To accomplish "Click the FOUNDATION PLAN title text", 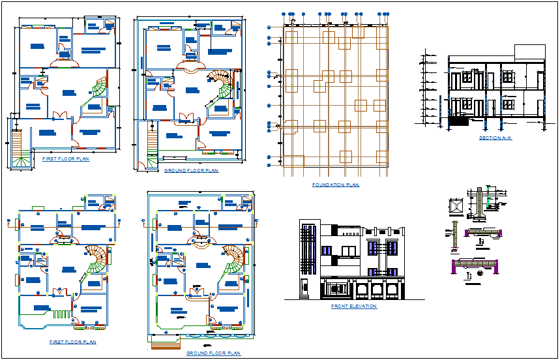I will point(335,185).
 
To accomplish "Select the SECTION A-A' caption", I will point(495,138).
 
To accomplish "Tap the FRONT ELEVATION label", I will point(353,306).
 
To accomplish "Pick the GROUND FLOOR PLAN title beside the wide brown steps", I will point(213,353).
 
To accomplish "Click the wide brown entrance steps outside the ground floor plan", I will point(168,344).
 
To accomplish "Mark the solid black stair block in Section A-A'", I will point(459,121).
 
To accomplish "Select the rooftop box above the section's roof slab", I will point(529,52).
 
